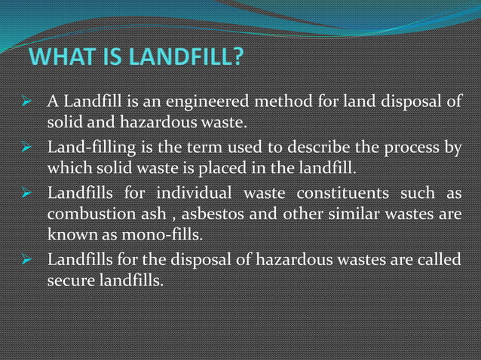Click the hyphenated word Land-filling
coord(88,145)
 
